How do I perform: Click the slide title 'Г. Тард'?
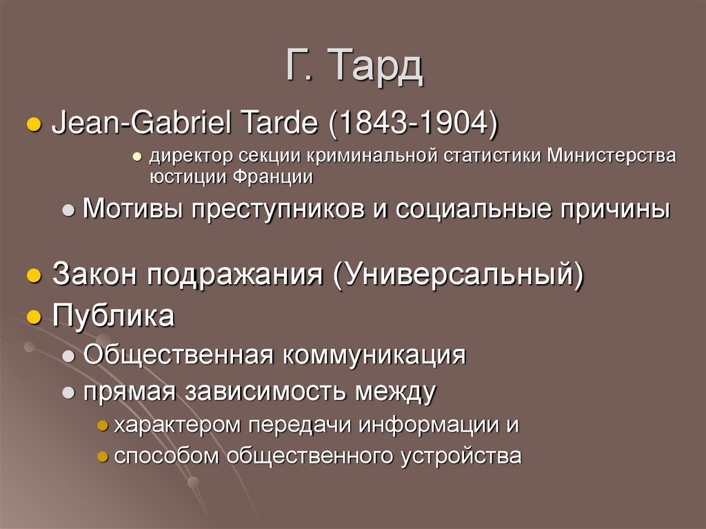tap(352, 67)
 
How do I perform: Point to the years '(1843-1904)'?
tap(414, 126)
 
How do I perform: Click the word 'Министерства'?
tap(612, 156)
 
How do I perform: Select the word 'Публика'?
tap(114, 317)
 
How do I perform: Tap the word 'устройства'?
tap(461, 456)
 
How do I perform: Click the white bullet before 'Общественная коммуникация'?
tap(69, 357)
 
